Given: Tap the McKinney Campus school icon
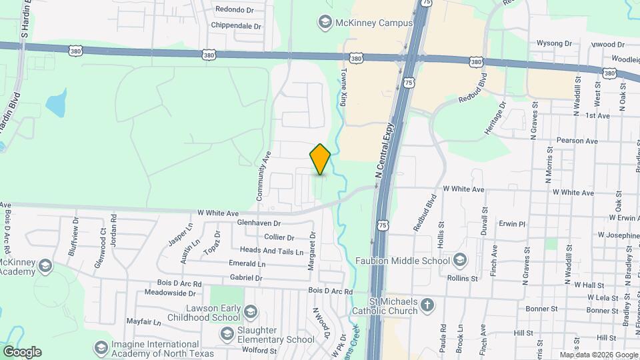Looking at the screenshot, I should [x=325, y=23].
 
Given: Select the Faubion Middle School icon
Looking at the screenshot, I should [x=460, y=260].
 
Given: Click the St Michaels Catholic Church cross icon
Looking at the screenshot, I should [x=427, y=307].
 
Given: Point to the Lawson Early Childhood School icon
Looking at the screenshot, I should [x=250, y=312].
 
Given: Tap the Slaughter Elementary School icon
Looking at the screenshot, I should [x=227, y=334].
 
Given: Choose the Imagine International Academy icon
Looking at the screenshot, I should [x=101, y=348].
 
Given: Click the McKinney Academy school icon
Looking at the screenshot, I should [x=45, y=267].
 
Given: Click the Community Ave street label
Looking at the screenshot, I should [x=264, y=176].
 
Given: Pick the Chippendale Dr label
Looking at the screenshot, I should [x=235, y=25].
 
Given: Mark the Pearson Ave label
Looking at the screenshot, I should [x=577, y=141].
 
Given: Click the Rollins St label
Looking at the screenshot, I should [x=463, y=278].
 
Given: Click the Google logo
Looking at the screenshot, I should [x=22, y=351].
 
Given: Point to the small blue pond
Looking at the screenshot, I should [x=55, y=104].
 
